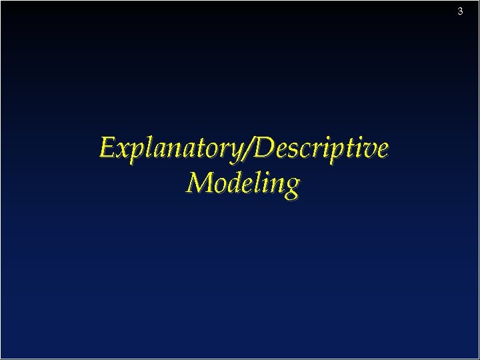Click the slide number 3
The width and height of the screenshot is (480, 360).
[x=460, y=11]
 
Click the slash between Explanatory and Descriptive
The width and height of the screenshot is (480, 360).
[x=249, y=148]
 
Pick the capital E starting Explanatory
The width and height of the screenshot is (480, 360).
[x=107, y=147]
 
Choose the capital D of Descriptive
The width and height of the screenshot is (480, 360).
[x=265, y=147]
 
